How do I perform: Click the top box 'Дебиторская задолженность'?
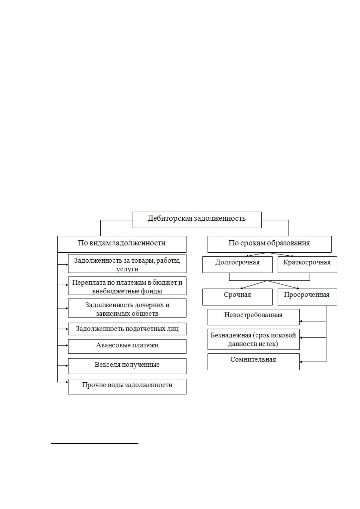click(197, 220)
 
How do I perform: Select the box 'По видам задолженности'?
click(122, 244)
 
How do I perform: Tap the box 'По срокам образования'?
click(269, 244)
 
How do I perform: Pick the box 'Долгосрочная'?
click(237, 264)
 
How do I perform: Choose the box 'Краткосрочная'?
click(307, 264)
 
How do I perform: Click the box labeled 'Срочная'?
click(237, 297)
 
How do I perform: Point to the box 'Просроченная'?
click(307, 297)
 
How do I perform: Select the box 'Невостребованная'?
click(253, 317)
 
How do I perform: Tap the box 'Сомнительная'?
click(253, 361)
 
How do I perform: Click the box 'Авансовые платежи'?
click(127, 346)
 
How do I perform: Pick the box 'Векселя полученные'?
click(127, 366)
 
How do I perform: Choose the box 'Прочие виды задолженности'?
click(127, 386)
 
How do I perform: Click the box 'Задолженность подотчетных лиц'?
click(127, 329)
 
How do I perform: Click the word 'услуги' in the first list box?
click(127, 269)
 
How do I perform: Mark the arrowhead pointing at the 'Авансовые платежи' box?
click(67, 345)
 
